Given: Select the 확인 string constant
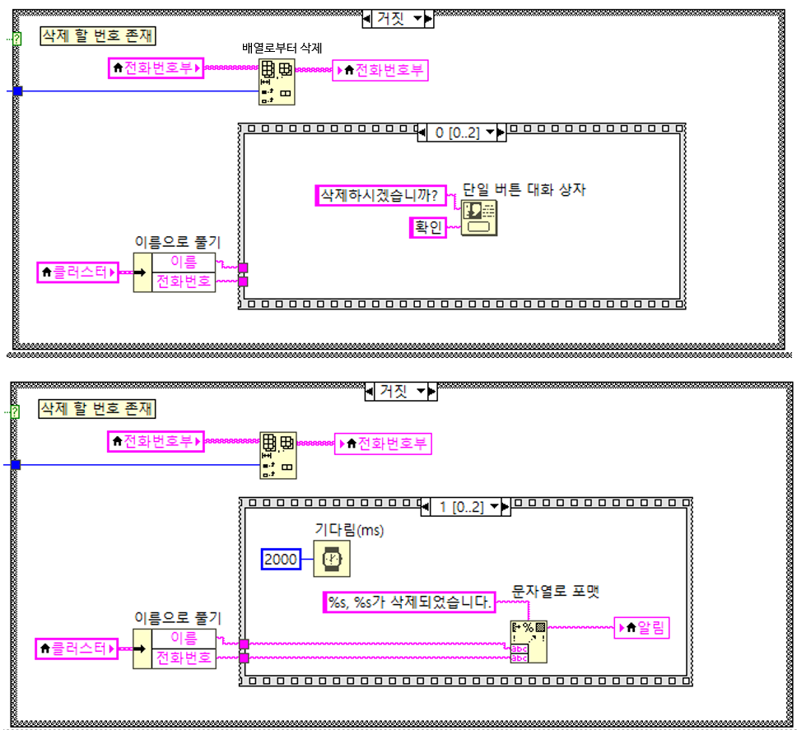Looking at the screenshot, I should tap(428, 227).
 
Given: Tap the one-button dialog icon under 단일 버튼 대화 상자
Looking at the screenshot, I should tap(478, 217).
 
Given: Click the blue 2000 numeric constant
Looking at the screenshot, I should tap(281, 560).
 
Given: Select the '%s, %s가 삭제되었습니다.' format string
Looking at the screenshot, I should tap(408, 602).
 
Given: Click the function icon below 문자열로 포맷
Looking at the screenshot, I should tap(529, 641).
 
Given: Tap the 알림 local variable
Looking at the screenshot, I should tap(642, 628).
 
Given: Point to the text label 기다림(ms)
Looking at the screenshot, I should tap(350, 530).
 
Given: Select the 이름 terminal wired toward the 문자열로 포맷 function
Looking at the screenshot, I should tap(183, 638).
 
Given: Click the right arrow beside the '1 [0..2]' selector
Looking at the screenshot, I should tap(506, 507).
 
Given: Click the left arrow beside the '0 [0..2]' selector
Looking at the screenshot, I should tap(422, 133).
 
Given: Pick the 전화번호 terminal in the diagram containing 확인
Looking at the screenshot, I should tap(183, 281).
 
